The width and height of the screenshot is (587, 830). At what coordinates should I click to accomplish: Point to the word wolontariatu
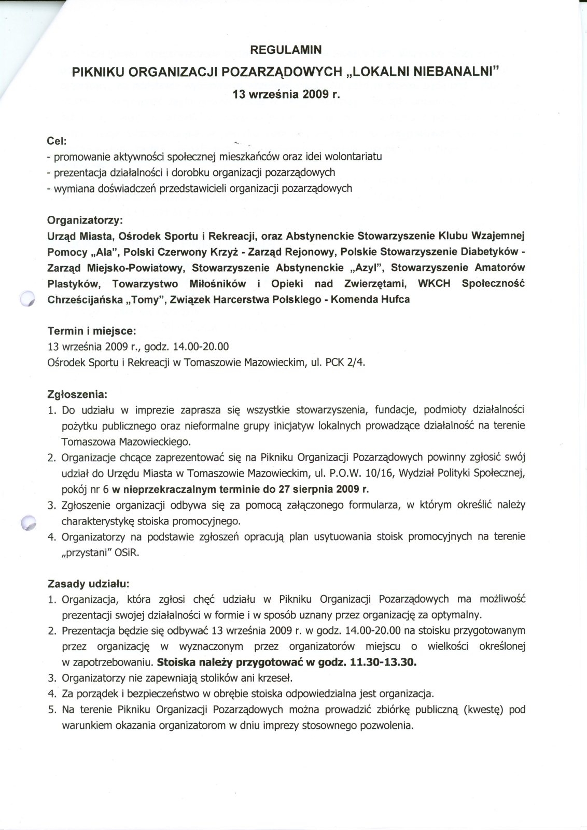point(353,156)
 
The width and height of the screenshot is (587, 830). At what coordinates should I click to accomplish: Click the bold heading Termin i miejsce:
point(92,330)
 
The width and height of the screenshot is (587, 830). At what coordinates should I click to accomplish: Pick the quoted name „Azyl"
point(365,268)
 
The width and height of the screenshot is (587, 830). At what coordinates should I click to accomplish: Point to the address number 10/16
point(385,473)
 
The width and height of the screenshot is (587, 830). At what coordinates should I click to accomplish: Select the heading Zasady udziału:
point(88,584)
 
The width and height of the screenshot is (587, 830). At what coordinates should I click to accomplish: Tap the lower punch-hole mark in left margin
point(27,523)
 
